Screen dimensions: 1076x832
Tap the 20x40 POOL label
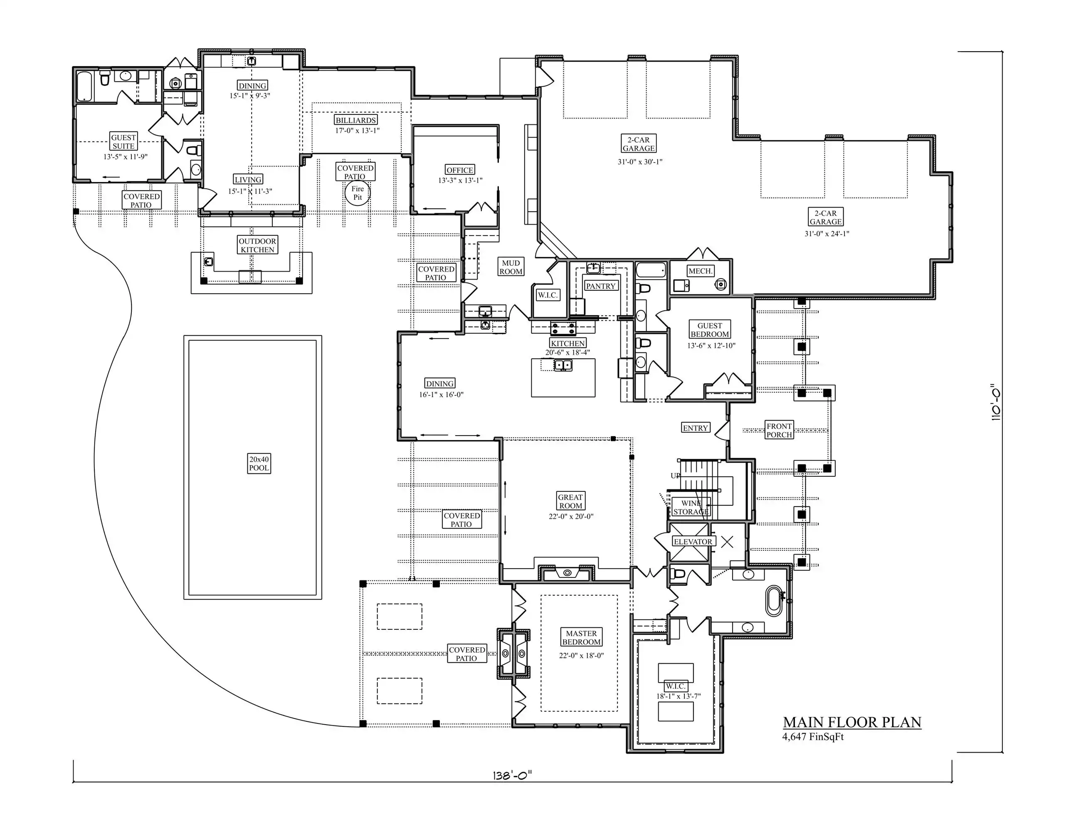coord(259,463)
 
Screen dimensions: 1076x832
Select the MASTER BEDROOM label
coord(581,637)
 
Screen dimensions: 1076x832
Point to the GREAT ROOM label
coord(570,501)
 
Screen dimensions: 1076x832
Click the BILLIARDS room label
coord(356,120)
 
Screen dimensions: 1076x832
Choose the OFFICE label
coord(460,170)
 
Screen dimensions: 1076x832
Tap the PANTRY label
coord(600,286)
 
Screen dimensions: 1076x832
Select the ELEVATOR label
coord(693,542)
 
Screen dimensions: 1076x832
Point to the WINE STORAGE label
coord(691,507)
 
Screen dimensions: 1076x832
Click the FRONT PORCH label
coord(779,430)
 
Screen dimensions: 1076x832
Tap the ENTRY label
coord(695,428)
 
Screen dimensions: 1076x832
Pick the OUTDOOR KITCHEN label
coord(257,245)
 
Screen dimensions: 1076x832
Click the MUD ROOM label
coord(511,267)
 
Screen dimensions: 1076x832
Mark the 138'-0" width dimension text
coord(512,775)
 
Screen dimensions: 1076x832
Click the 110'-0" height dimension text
coord(996,402)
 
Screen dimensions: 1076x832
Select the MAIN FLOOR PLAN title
coord(852,723)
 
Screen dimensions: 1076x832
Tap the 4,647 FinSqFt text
coord(813,737)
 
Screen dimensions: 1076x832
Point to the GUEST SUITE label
coord(123,142)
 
